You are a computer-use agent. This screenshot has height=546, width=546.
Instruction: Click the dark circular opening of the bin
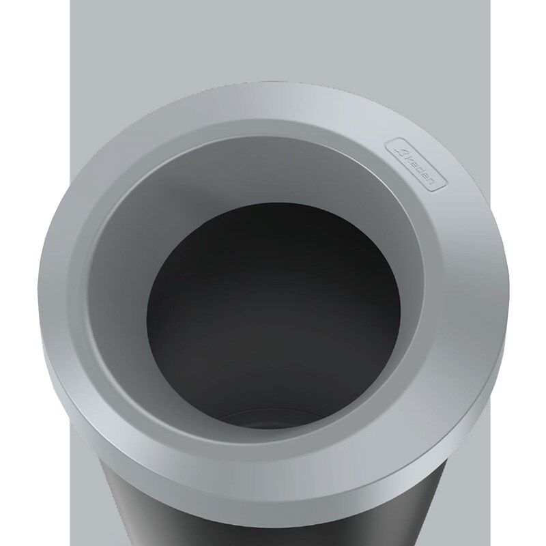point(273,307)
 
